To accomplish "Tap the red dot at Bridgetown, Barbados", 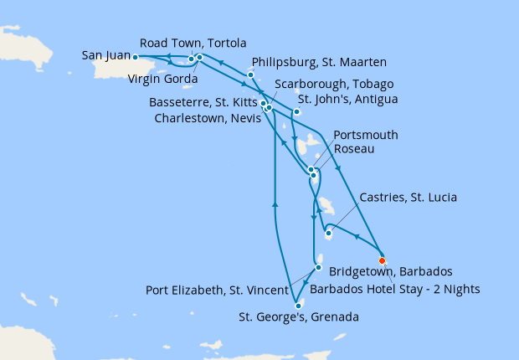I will (383, 259).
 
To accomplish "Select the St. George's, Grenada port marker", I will (299, 306).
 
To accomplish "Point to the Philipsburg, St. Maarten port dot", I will (250, 75).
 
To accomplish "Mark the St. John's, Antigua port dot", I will (296, 111).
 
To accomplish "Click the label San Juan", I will (105, 56).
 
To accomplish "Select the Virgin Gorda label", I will (163, 80).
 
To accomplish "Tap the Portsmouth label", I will (365, 135).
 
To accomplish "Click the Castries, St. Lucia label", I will (408, 198).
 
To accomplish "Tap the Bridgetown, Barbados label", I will (391, 272).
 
